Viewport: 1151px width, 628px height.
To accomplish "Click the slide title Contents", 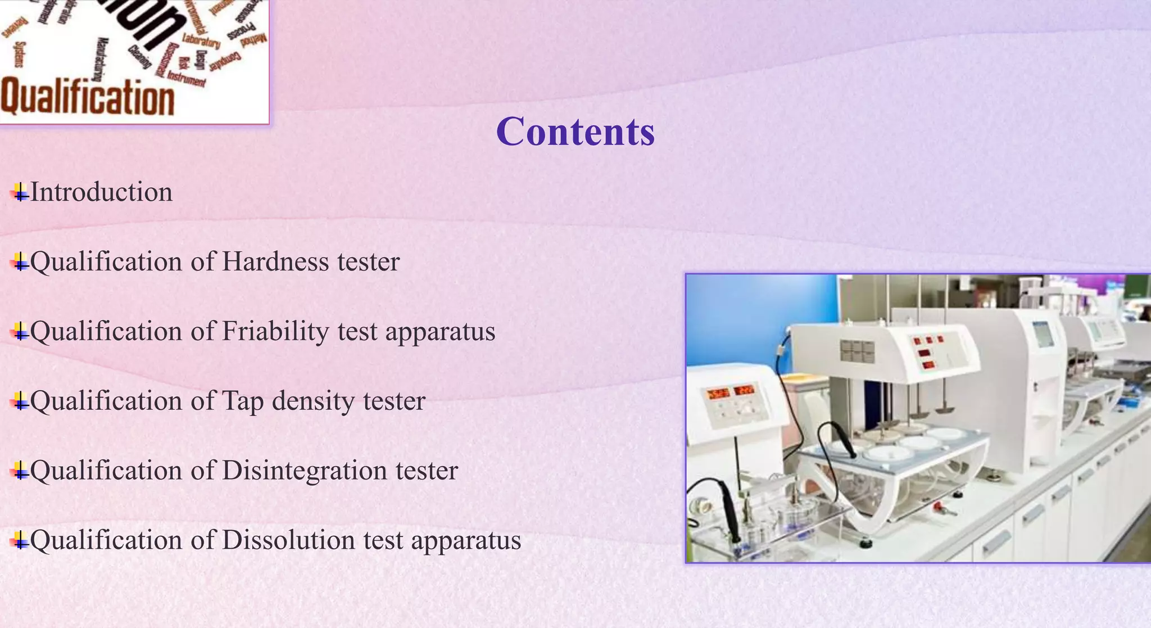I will tap(575, 132).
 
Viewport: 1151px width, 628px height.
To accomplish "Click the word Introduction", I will tap(101, 192).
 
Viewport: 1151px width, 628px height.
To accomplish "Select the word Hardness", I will tap(275, 262).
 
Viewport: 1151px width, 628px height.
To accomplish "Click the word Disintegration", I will tap(304, 471).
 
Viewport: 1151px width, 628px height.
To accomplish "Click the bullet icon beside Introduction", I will tap(20, 193).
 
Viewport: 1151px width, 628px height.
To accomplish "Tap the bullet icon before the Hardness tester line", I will tap(20, 263).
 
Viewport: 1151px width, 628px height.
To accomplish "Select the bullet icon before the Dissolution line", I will tap(20, 541).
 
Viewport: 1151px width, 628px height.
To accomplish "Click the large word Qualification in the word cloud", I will tap(87, 97).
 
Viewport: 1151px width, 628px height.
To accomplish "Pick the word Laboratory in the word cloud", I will tap(201, 41).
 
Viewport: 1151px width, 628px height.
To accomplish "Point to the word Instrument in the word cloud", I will tap(187, 78).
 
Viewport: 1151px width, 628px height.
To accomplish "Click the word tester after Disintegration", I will tap(427, 471).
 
